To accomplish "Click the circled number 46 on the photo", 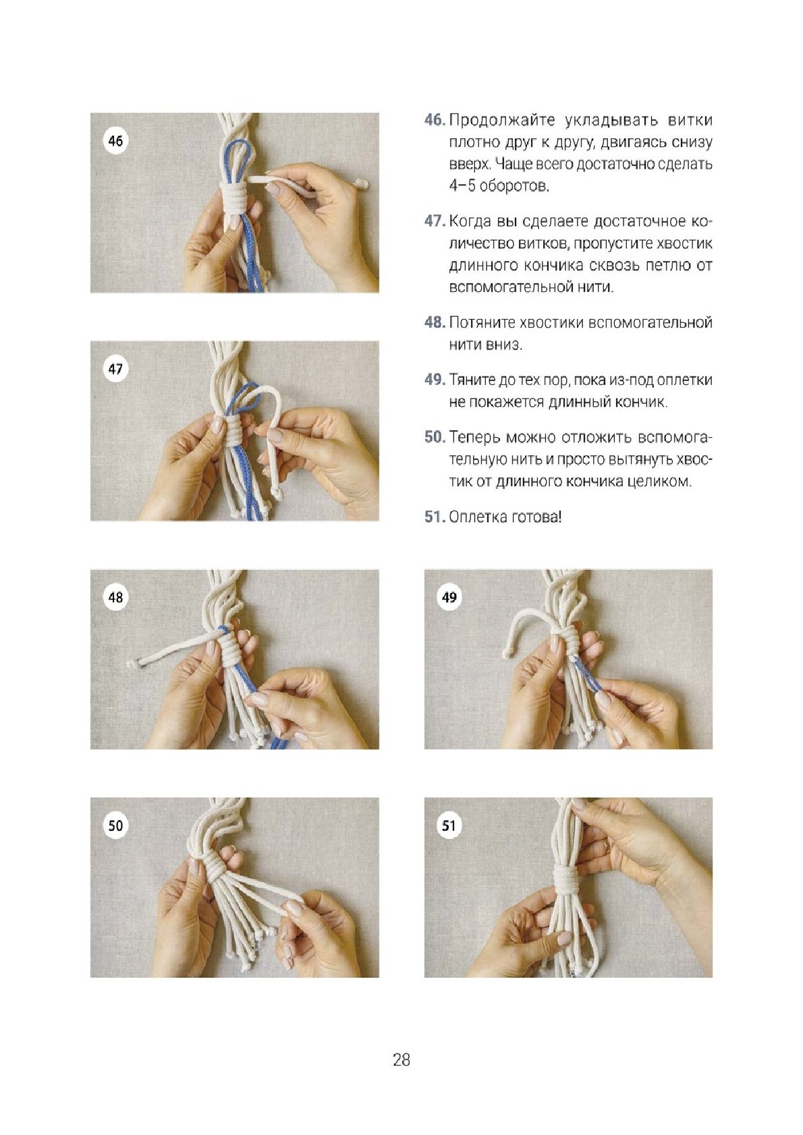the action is [x=115, y=140].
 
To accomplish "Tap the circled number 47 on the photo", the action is [x=115, y=368].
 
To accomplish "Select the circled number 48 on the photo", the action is [x=115, y=597].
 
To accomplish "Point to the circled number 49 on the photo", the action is [x=449, y=597].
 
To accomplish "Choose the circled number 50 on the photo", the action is [x=115, y=825].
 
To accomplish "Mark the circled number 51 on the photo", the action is [x=449, y=825].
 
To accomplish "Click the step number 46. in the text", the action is [x=435, y=121].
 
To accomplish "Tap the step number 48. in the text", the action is [x=435, y=323].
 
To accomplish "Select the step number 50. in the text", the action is [x=435, y=437].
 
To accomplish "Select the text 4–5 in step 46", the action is [x=462, y=186].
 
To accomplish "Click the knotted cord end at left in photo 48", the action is [x=133, y=663].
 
